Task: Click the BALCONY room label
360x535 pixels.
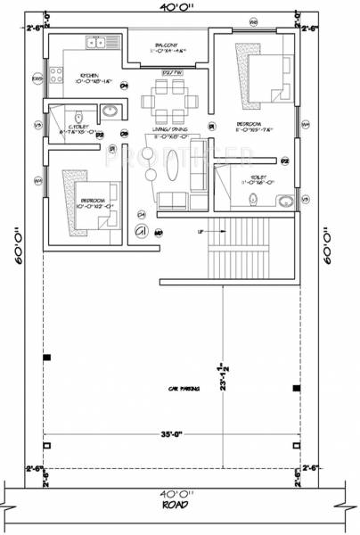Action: point(168,44)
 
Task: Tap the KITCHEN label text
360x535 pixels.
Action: point(88,76)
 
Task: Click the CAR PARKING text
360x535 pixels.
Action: point(184,389)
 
